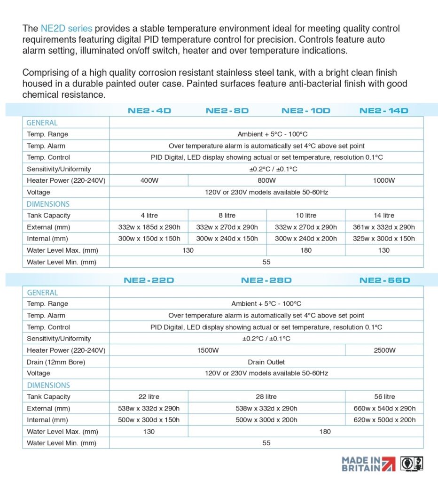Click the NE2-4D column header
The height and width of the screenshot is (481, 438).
pos(149,111)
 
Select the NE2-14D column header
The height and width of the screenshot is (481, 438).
pos(384,111)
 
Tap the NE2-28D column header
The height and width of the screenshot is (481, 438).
pos(266,280)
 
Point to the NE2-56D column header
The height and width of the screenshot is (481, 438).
pos(385,280)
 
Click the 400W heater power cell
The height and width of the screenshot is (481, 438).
pos(149,180)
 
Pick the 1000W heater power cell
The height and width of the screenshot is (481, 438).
pos(384,180)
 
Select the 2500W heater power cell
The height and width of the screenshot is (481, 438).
pos(384,350)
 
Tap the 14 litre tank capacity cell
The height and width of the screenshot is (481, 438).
pos(384,215)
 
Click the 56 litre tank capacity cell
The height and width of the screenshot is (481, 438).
pos(384,396)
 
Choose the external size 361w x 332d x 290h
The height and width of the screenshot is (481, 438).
pos(384,227)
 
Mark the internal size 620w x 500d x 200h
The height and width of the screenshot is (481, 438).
pos(384,420)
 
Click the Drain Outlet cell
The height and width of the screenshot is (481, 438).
pos(266,362)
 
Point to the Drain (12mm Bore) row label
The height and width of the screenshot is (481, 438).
pos(56,362)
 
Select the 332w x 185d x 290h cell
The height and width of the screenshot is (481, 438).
pos(149,227)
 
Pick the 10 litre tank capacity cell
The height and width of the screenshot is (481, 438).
pos(306,215)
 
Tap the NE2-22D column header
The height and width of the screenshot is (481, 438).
pos(149,280)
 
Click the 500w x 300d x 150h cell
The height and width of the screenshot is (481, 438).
pos(149,420)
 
